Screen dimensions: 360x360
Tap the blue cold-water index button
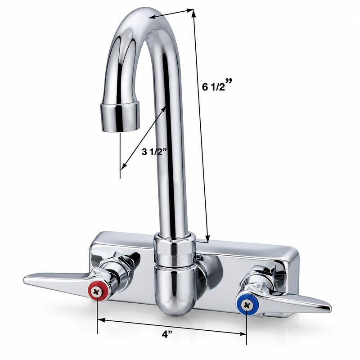(x=247, y=305)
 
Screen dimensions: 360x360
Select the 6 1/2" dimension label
(x=217, y=85)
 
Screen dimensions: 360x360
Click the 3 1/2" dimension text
(x=154, y=152)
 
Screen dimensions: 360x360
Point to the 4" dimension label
(x=167, y=335)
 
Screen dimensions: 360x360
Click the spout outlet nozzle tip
(x=120, y=117)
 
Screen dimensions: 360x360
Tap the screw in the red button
(x=97, y=292)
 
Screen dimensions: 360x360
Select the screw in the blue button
(x=247, y=305)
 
